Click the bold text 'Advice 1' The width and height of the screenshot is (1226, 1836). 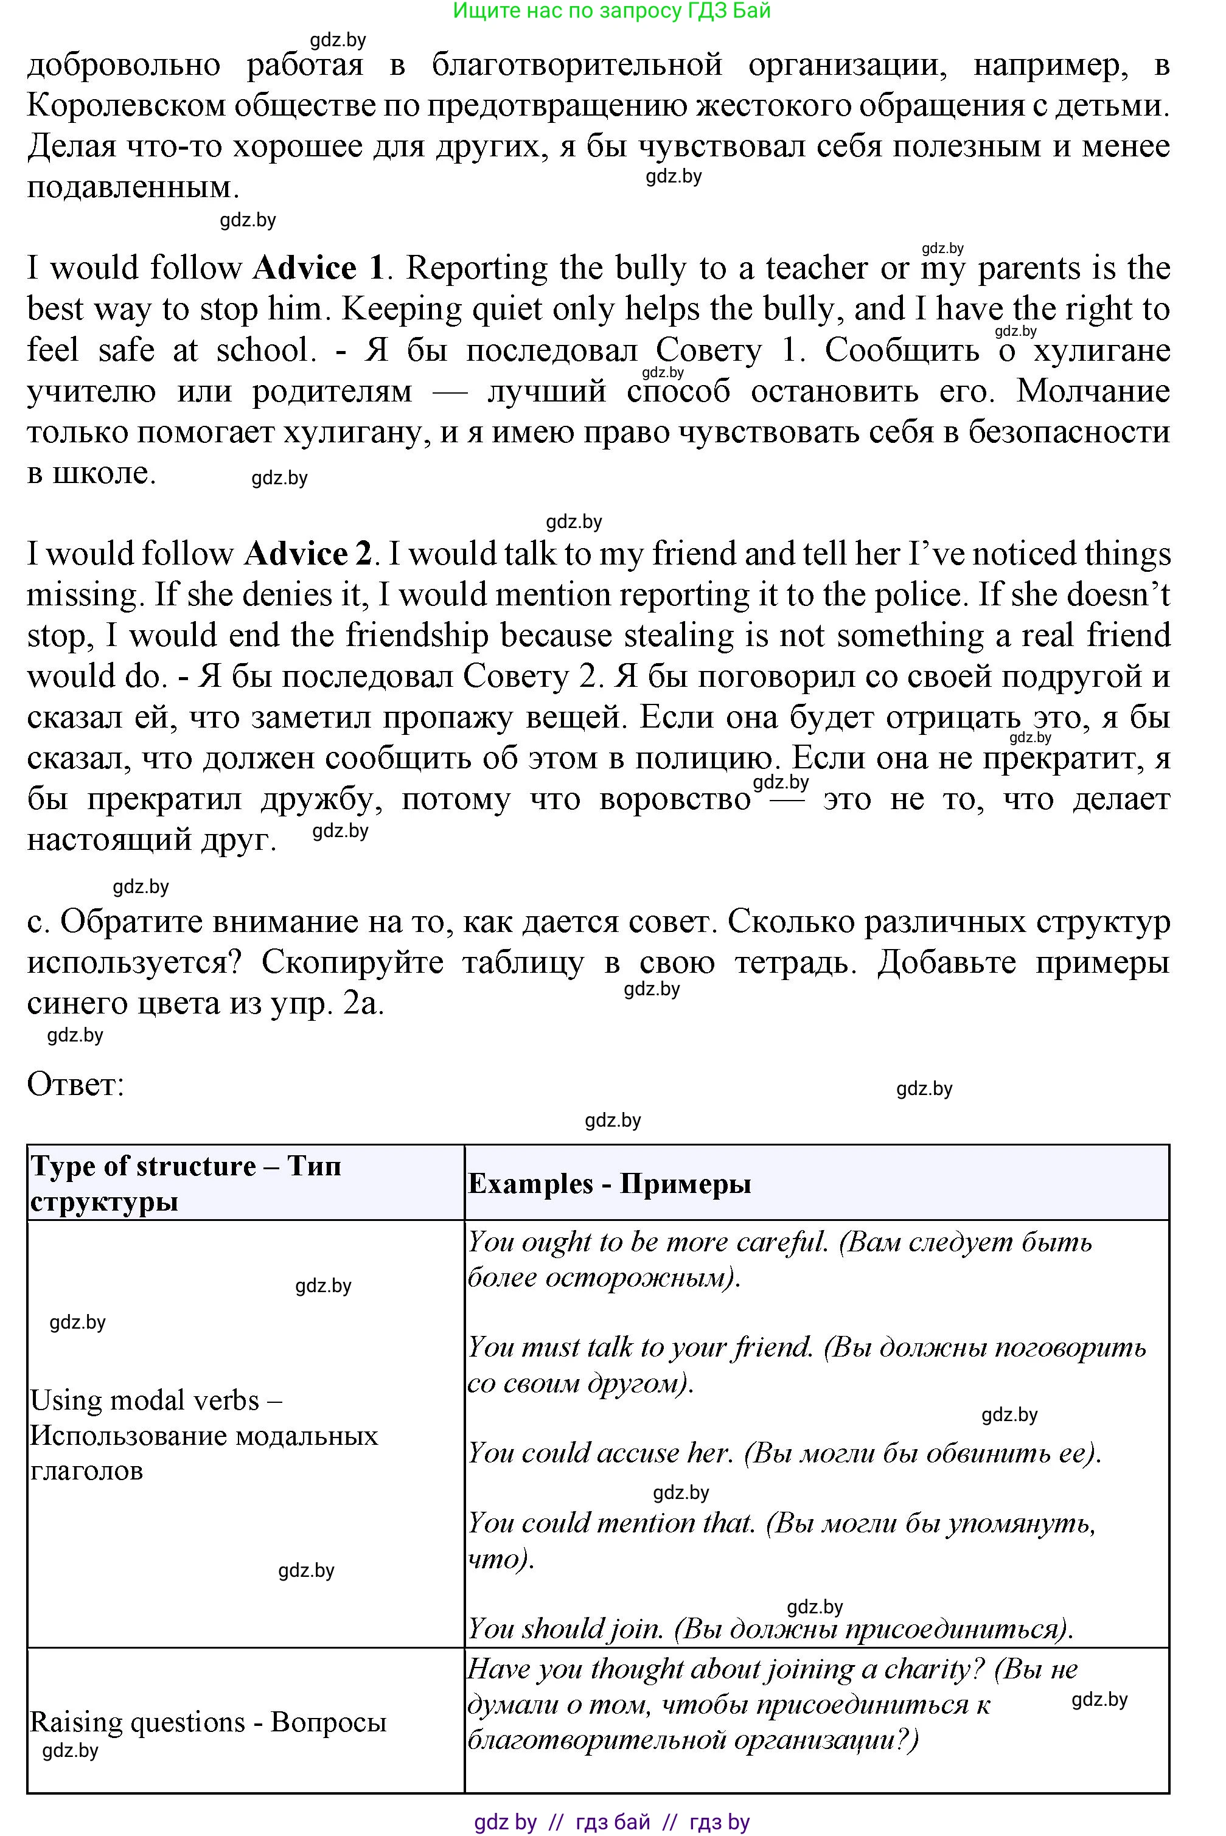point(318,268)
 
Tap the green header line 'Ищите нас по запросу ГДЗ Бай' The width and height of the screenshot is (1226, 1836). point(611,11)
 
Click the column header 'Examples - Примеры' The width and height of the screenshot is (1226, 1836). point(609,1183)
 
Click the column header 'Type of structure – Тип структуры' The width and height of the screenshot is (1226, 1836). point(186,1183)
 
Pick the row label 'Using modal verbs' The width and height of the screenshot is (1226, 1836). point(156,1399)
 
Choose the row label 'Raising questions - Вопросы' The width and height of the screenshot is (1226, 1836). point(208,1721)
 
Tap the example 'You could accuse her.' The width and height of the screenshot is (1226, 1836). point(600,1452)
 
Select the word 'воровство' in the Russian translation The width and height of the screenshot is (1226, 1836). point(675,799)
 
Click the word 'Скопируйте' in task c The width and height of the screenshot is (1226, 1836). point(352,963)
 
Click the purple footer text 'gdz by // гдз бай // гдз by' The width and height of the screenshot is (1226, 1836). point(611,1822)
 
